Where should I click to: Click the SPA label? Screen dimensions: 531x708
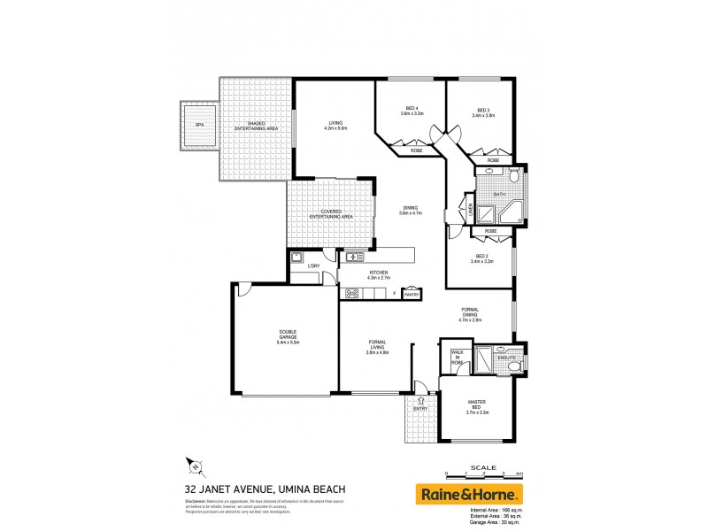(199, 125)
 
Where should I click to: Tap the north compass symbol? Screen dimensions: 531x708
(196, 466)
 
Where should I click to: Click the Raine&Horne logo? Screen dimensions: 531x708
(470, 493)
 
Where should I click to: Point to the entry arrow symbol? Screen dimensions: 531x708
(421, 401)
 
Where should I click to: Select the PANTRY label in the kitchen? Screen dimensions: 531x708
(411, 295)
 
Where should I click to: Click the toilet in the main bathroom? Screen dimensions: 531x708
(489, 174)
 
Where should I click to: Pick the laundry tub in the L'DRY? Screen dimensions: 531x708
(299, 258)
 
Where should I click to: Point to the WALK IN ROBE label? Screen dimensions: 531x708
(457, 358)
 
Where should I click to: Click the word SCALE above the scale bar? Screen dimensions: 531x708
(483, 466)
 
